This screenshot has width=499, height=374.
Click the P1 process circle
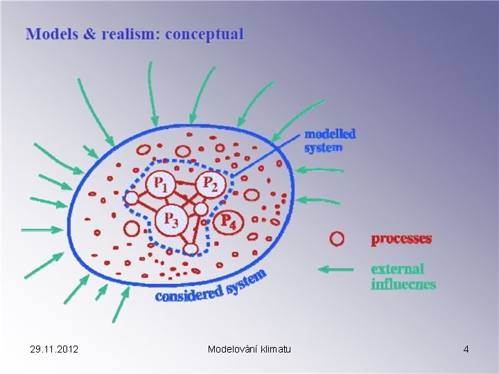coord(159,184)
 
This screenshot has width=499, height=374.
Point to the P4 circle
coord(227,222)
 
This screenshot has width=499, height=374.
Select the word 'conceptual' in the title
coord(205,34)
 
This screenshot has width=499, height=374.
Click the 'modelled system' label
coord(330,140)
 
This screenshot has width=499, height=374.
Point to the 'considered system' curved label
coord(211,287)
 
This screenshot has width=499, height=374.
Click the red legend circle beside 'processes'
coord(336,239)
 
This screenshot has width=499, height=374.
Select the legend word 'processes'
coord(401,239)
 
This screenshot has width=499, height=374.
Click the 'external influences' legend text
coord(403,276)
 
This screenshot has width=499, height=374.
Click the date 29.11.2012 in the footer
coord(55,349)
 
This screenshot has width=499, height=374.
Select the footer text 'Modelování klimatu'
coord(249,349)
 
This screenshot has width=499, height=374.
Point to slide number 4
coord(466,349)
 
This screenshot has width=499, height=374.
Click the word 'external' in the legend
coord(397,269)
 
